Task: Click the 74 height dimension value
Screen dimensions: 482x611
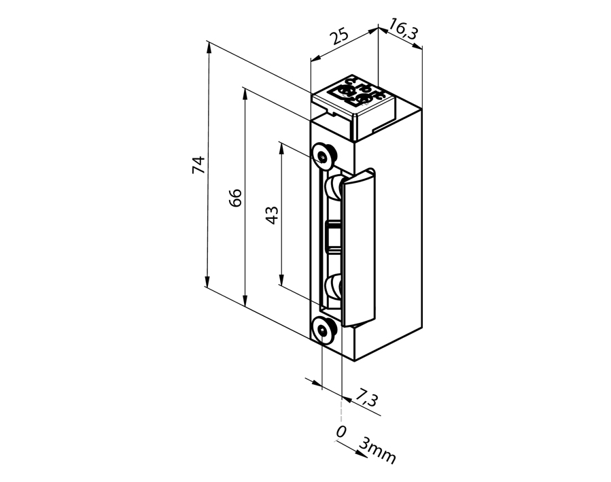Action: pos(198,165)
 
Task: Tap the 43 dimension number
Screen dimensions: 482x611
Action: pos(270,216)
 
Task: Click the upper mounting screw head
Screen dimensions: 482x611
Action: pos(323,156)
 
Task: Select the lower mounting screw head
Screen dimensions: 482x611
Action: pos(324,332)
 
